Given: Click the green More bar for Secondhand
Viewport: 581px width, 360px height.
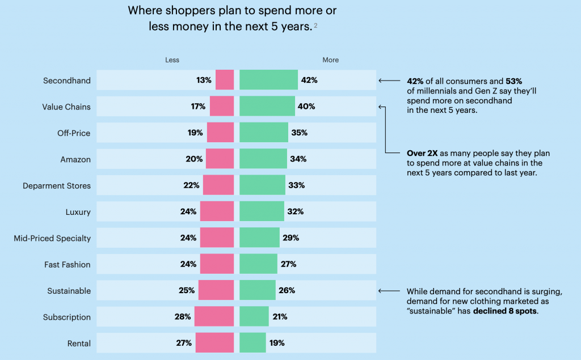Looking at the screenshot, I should [268, 80].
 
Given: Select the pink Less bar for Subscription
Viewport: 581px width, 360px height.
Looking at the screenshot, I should [214, 317].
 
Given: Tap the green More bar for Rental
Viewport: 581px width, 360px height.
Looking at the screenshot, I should [252, 343].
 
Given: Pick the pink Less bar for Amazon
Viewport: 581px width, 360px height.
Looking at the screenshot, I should [220, 159].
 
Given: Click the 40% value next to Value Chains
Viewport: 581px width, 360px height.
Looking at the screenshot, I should [306, 107].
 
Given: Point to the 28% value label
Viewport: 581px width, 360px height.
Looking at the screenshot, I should [183, 317].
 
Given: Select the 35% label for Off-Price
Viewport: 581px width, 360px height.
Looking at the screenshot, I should [299, 133].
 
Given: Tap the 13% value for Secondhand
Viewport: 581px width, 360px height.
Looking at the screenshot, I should [204, 81].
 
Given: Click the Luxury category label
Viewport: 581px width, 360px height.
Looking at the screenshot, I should [78, 212].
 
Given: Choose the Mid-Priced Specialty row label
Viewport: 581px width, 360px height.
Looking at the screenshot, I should [52, 238].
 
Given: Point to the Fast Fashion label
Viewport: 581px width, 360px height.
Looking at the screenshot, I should [68, 264].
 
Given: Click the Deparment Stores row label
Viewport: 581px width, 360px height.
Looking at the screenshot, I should [57, 185].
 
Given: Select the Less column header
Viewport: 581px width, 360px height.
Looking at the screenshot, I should [172, 60].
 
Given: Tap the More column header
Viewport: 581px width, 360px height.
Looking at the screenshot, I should [330, 60].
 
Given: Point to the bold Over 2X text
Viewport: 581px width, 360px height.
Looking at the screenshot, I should [423, 153].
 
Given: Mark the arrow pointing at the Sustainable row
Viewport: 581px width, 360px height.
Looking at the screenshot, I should [389, 291].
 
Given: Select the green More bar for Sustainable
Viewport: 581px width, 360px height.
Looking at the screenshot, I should [257, 290].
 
